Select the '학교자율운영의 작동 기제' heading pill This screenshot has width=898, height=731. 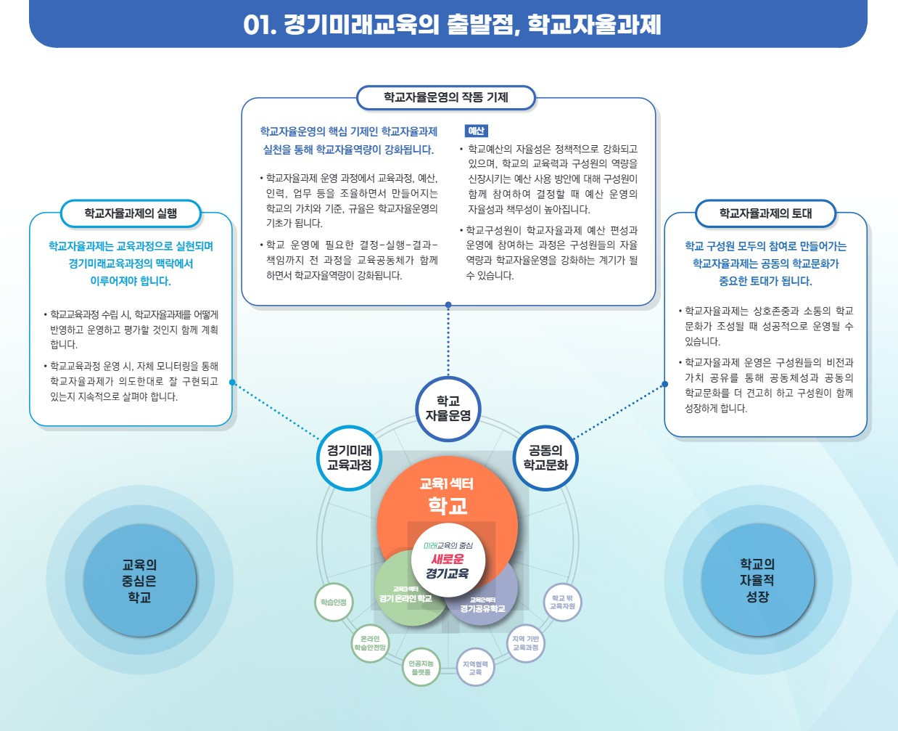pyautogui.click(x=446, y=97)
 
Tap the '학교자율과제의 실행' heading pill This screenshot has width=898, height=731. pyautogui.click(x=131, y=213)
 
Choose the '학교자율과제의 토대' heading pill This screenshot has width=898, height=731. pyautogui.click(x=765, y=213)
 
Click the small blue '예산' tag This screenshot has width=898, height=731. pyautogui.click(x=476, y=131)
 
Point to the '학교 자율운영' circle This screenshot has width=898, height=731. pyautogui.click(x=448, y=409)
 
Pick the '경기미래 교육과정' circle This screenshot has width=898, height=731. pyautogui.click(x=350, y=458)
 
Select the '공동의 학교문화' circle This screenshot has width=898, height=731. pyautogui.click(x=545, y=458)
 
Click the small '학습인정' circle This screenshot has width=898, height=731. pyautogui.click(x=334, y=603)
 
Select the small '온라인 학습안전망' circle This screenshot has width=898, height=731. pyautogui.click(x=370, y=643)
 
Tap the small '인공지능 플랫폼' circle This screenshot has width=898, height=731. pyautogui.click(x=421, y=667)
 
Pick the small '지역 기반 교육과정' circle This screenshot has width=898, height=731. pyautogui.click(x=525, y=643)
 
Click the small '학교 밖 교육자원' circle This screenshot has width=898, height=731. pyautogui.click(x=562, y=603)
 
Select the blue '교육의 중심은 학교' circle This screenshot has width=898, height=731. pyautogui.click(x=139, y=581)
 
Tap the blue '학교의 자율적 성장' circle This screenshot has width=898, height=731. pyautogui.click(x=757, y=580)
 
